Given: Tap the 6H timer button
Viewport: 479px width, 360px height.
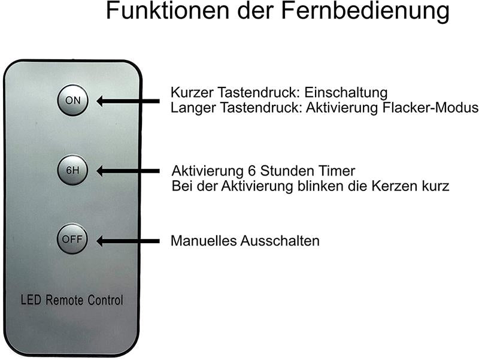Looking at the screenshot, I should (x=72, y=170).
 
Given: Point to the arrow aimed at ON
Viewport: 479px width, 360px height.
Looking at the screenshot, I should (x=129, y=101).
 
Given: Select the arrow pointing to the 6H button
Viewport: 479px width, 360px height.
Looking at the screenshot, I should (x=129, y=171).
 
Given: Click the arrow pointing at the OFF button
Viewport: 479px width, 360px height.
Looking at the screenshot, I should (x=129, y=241).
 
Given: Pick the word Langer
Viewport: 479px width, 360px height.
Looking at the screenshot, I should (x=191, y=108).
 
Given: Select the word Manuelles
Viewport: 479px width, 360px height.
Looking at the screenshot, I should (x=204, y=241).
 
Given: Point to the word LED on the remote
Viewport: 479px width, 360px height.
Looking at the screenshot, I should (x=31, y=300).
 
